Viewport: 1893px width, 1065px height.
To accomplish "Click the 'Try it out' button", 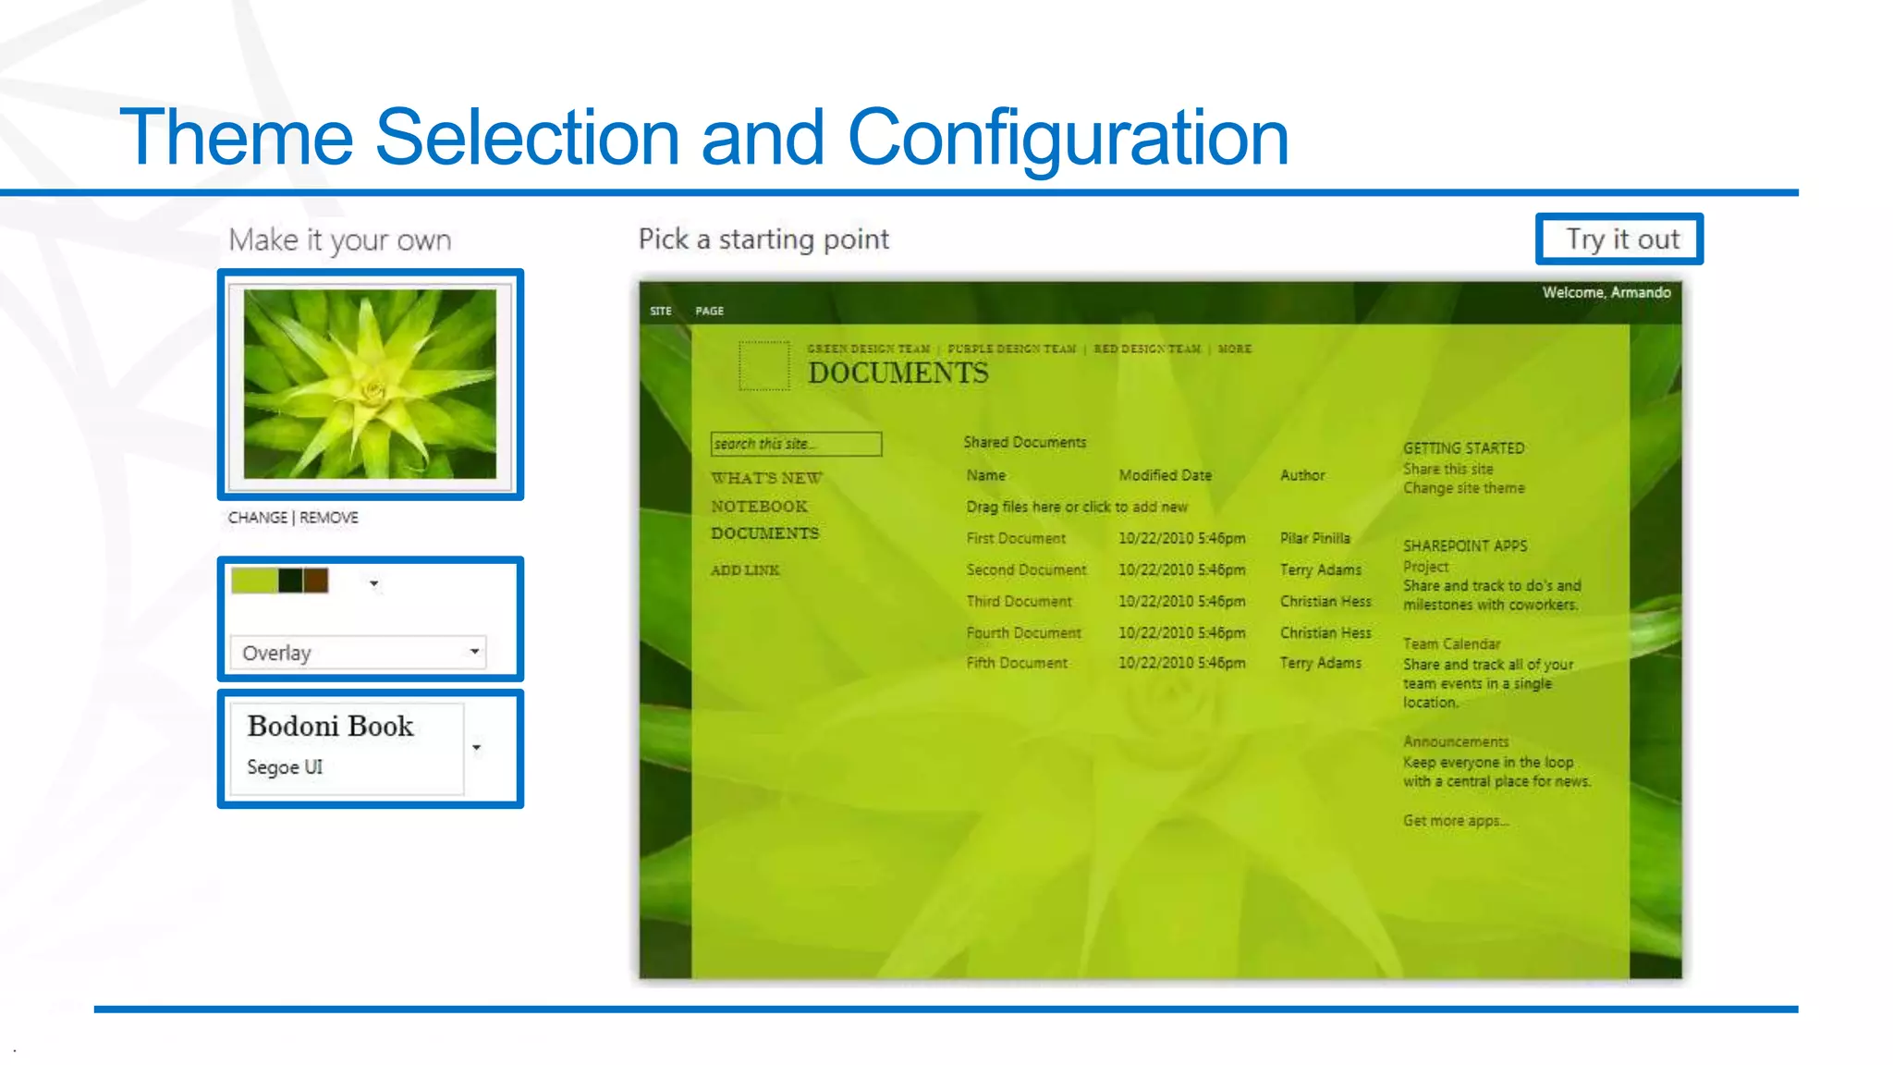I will (x=1620, y=239).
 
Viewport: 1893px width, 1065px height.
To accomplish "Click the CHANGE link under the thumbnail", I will (x=257, y=518).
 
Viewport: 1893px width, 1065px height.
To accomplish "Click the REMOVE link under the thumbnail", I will (x=329, y=518).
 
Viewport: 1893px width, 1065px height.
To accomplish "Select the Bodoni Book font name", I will (x=330, y=727).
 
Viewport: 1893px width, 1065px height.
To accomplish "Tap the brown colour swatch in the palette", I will (x=316, y=581).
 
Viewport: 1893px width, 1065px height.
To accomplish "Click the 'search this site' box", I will (x=796, y=444).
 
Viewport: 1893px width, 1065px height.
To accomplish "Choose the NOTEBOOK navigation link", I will (x=759, y=507).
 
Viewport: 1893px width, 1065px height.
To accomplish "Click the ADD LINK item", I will (x=745, y=570).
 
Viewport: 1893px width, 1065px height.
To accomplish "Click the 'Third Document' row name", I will (x=1019, y=602).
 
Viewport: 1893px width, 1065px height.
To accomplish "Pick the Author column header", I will (x=1302, y=475).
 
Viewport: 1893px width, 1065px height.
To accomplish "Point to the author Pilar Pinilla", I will (x=1314, y=538).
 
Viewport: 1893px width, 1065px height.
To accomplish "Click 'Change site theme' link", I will (x=1463, y=488).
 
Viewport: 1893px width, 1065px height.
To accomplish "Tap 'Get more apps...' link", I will (x=1455, y=821).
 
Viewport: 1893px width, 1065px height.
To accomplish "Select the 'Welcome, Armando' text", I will (x=1606, y=292).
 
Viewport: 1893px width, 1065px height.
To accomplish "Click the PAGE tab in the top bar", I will (x=710, y=312).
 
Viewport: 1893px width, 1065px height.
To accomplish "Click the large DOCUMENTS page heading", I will (x=898, y=373).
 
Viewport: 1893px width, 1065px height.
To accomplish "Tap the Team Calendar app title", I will (x=1451, y=644).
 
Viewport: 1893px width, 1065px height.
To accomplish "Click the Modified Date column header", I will (x=1165, y=475).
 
